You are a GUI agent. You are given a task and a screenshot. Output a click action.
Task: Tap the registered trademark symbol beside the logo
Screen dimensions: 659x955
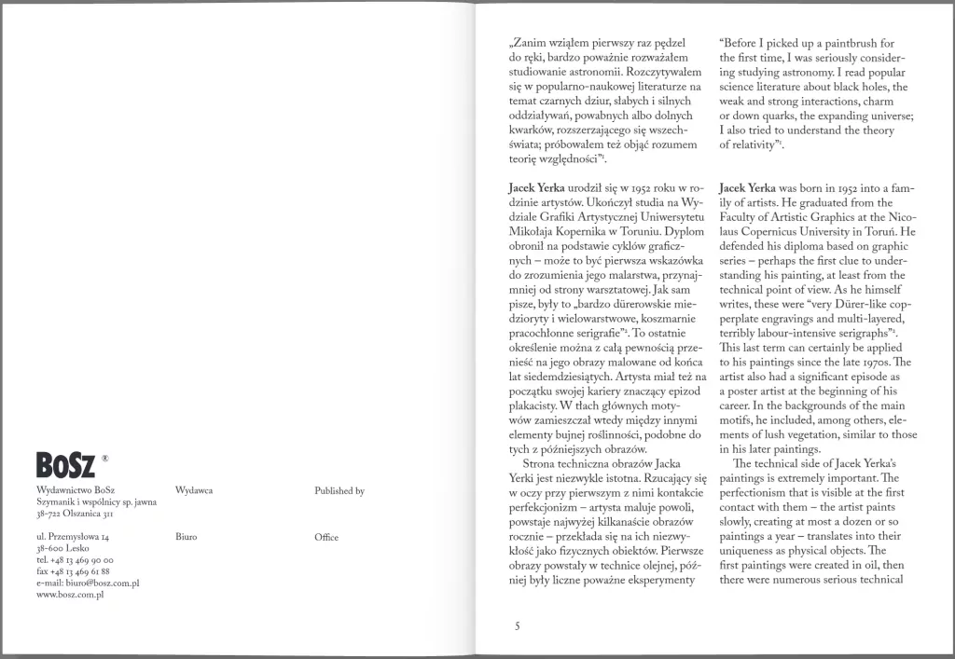pos(105,458)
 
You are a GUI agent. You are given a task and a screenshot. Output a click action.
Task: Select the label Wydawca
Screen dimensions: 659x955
pos(192,490)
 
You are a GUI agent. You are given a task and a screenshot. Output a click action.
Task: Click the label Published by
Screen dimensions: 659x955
pos(339,490)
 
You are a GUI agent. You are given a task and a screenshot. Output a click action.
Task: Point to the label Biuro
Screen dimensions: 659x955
pos(186,538)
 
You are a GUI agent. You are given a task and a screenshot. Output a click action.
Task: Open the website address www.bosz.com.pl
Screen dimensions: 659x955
pos(69,594)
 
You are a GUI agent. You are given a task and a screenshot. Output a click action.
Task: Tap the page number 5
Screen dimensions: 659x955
pos(517,626)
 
